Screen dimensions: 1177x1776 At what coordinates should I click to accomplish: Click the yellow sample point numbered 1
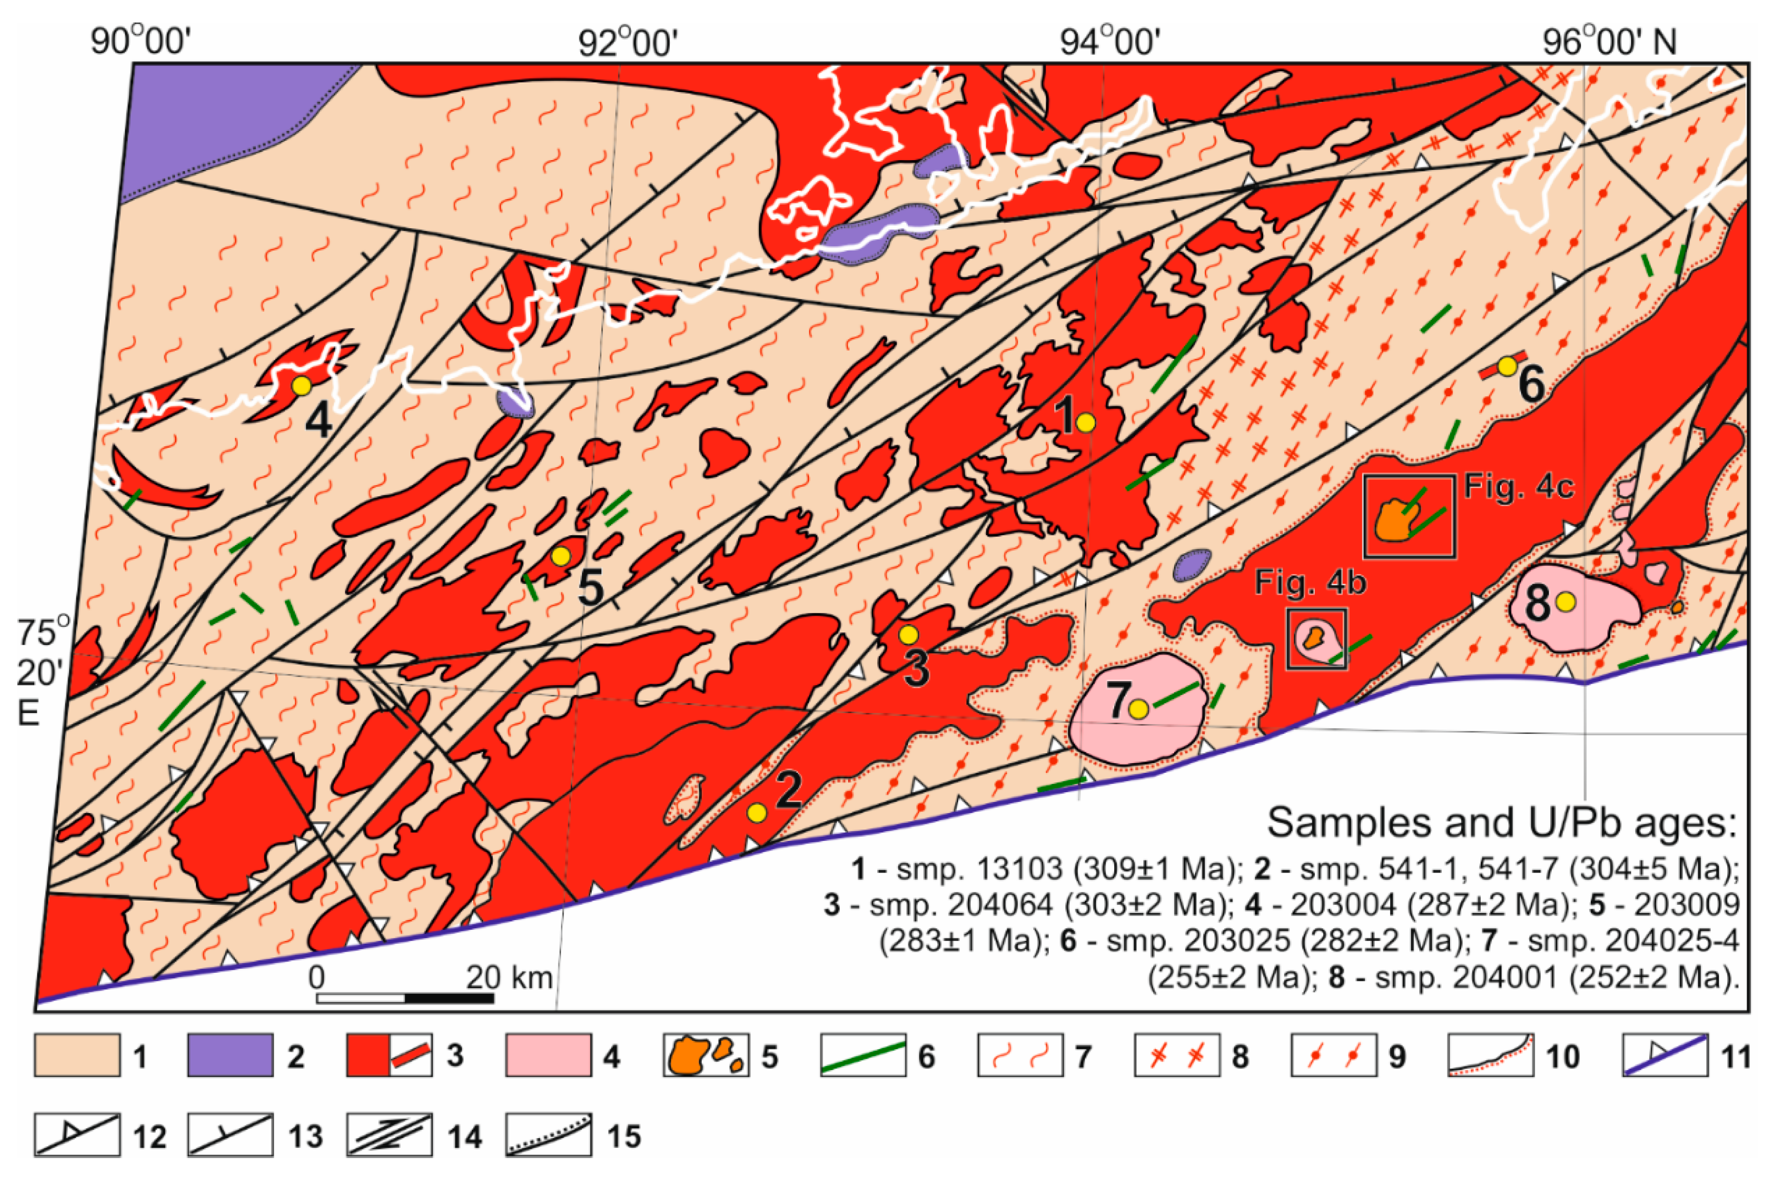click(x=1086, y=423)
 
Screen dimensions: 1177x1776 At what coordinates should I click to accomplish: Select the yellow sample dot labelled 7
click(x=1139, y=709)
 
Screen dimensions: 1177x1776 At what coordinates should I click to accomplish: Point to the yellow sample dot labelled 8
click(x=1565, y=601)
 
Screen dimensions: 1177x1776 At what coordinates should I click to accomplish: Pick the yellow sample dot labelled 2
click(x=756, y=812)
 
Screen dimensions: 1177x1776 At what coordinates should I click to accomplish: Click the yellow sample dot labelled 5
click(x=560, y=556)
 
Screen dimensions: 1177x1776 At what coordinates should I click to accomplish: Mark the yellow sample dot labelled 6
click(x=1506, y=366)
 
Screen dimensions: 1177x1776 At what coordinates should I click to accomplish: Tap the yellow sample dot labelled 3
click(x=908, y=634)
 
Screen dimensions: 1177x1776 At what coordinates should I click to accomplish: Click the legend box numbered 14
click(x=389, y=1135)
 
